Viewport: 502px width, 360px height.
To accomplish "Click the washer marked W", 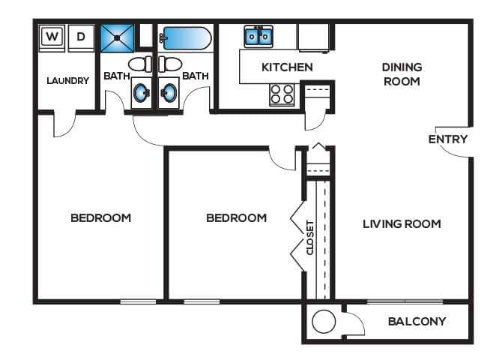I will (52, 36).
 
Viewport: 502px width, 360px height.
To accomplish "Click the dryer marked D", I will (82, 36).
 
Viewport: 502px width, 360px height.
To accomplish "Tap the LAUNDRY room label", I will (68, 81).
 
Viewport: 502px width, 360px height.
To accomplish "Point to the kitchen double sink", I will (259, 35).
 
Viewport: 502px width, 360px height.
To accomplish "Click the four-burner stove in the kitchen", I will (282, 94).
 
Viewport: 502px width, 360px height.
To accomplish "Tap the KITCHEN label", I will (287, 67).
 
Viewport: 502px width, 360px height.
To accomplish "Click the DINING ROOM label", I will (402, 74).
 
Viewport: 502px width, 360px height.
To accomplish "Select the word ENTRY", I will (448, 139).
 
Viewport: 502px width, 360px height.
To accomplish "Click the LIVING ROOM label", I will (402, 223).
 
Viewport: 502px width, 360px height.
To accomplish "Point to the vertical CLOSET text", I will (309, 236).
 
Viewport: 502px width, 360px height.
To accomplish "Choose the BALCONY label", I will (417, 322).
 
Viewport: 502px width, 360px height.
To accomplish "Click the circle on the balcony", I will (323, 322).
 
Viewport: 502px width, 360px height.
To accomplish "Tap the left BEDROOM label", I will (101, 218).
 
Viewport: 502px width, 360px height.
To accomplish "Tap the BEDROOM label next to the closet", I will (237, 218).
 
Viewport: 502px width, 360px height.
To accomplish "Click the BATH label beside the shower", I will (116, 76).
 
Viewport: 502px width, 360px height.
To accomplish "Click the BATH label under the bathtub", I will (195, 76).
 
